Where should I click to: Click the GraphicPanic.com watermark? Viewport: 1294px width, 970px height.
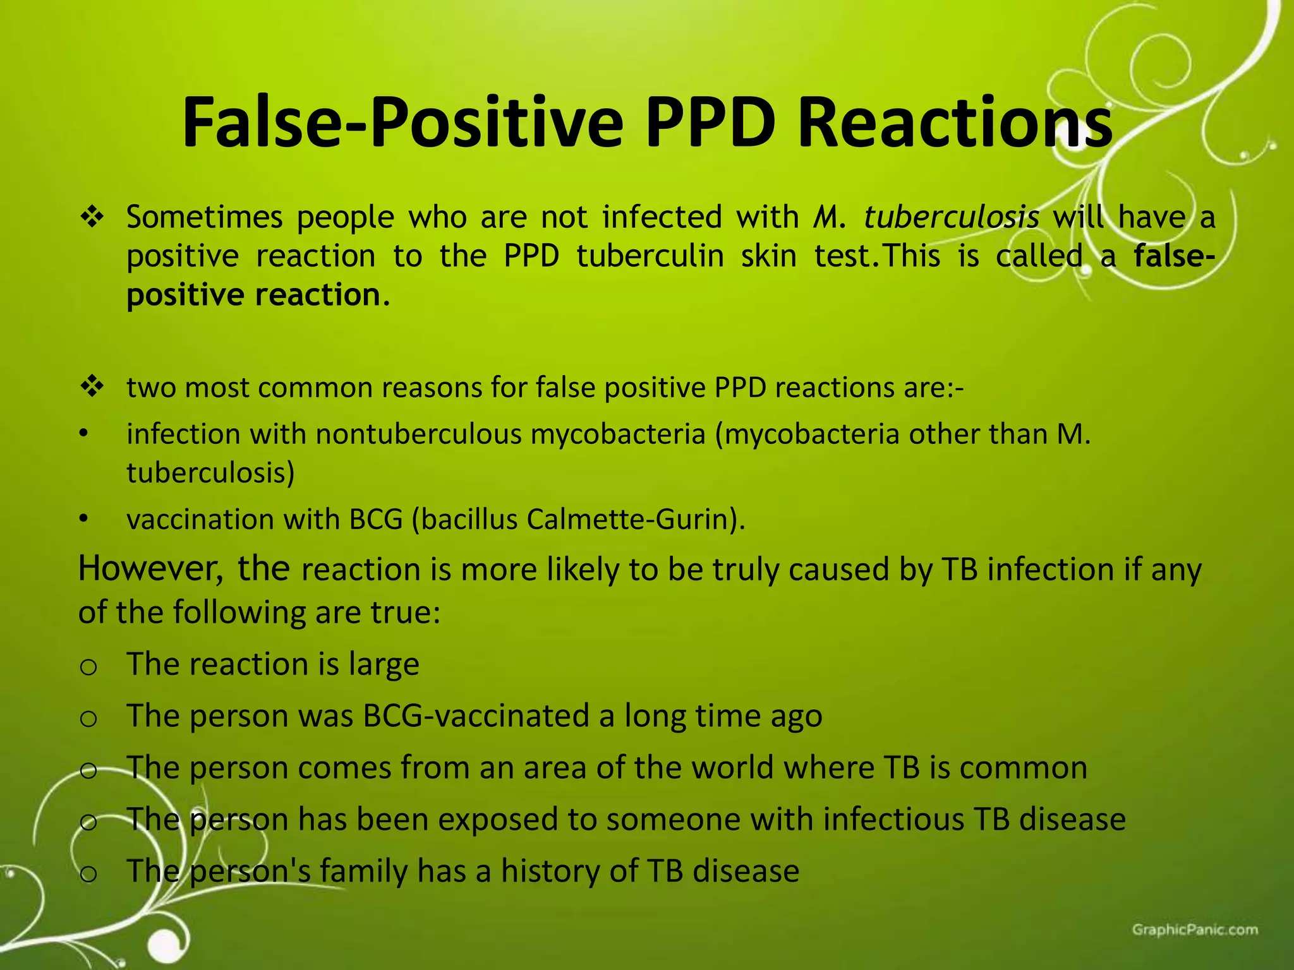coord(1194,930)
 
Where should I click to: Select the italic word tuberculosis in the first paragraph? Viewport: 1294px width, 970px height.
coord(951,217)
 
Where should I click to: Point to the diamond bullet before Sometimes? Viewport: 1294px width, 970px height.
coord(92,218)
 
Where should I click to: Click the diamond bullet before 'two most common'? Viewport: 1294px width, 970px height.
coord(92,386)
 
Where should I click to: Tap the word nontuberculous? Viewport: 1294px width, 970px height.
coord(418,434)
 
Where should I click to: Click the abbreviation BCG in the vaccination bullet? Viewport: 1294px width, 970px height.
coord(376,519)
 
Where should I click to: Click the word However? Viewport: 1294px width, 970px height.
coord(150,568)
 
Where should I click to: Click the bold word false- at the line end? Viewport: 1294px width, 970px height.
coord(1174,256)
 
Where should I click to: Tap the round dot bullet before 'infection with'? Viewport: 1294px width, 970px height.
coord(82,435)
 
